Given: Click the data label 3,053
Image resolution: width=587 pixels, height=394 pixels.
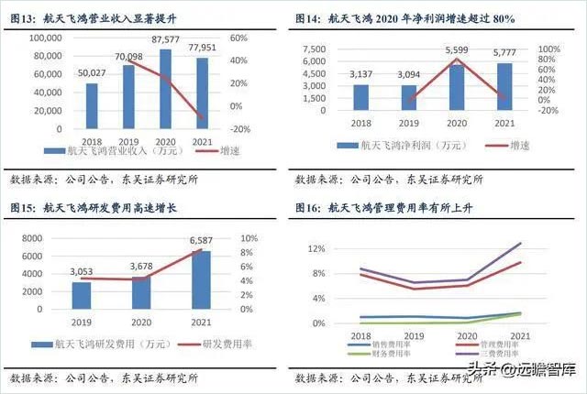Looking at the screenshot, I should point(82,272).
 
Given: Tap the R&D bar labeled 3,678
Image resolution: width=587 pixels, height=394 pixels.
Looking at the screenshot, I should point(139,292).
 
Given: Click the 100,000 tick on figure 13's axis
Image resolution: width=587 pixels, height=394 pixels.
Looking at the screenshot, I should point(46,38).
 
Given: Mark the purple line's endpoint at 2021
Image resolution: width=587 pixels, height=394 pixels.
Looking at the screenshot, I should point(520,243).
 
